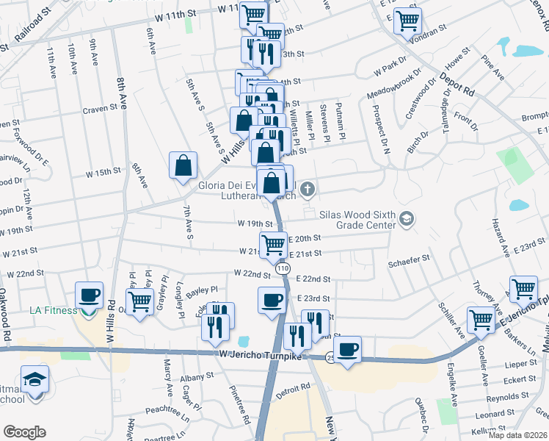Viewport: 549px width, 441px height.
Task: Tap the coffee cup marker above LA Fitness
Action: pyautogui.click(x=90, y=295)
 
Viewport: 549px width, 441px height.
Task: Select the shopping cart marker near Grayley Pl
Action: pyautogui.click(x=139, y=300)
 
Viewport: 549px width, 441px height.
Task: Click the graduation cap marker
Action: pyautogui.click(x=34, y=379)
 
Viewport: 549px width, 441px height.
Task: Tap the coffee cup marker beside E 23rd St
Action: pyautogui.click(x=272, y=300)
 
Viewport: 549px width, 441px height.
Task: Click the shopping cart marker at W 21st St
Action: pyautogui.click(x=274, y=244)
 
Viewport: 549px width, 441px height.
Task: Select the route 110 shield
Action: pyautogui.click(x=283, y=271)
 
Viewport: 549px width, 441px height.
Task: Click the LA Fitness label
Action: pyautogui.click(x=53, y=310)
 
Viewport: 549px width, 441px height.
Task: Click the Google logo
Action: pyautogui.click(x=25, y=431)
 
